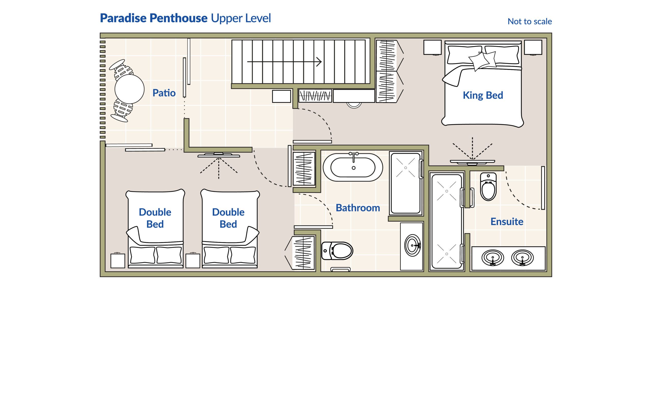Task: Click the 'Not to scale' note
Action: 530,21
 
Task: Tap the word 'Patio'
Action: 164,93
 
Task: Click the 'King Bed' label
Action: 483,95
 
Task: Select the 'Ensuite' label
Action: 507,222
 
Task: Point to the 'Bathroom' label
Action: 358,208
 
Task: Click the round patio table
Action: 129,89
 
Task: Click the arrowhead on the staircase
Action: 319,62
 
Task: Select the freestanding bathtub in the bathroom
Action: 353,167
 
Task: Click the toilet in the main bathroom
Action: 337,251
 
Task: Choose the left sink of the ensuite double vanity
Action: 492,258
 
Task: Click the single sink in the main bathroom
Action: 413,245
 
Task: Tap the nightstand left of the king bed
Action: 432,48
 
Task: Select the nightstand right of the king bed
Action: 533,48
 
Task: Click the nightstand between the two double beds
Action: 193,260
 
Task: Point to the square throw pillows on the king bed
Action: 482,61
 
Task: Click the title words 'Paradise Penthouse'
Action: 154,18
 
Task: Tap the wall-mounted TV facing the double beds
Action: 219,155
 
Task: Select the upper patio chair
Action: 121,69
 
